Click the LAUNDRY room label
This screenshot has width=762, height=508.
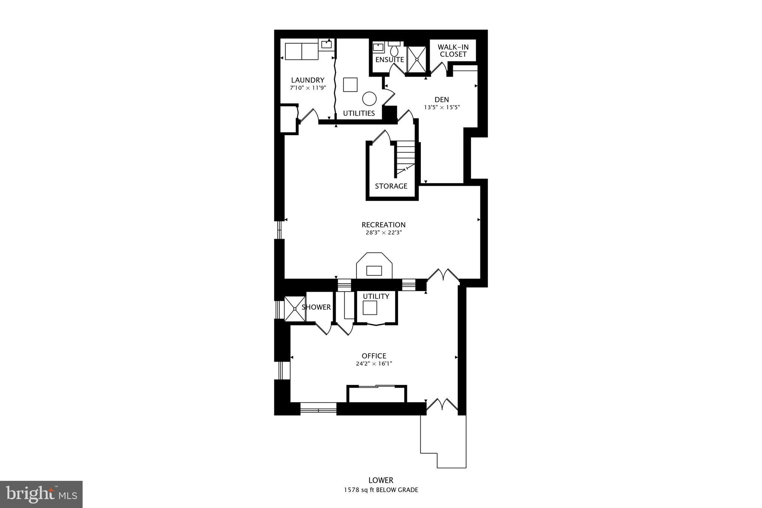pos(307,80)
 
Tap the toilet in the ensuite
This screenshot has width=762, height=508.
pos(394,50)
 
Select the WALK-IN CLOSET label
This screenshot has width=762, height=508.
pos(453,51)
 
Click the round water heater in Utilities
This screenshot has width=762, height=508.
pos(369,99)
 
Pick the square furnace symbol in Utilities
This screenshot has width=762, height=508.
pos(350,84)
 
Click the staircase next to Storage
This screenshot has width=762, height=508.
pos(405,156)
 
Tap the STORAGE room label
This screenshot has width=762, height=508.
pos(391,186)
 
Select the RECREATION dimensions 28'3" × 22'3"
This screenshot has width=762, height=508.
pos(384,233)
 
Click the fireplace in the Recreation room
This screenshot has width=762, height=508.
pos(374,266)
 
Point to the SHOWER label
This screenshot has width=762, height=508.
pos(316,307)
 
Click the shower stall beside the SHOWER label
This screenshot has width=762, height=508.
pos(295,309)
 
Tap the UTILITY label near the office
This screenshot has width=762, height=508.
pos(376,296)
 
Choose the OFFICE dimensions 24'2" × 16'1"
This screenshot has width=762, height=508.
pos(374,364)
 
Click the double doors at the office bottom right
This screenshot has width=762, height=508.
pos(442,405)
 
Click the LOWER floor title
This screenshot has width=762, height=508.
pos(381,480)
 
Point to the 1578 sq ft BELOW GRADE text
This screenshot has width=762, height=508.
pos(381,490)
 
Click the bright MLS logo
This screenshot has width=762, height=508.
pos(41,494)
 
